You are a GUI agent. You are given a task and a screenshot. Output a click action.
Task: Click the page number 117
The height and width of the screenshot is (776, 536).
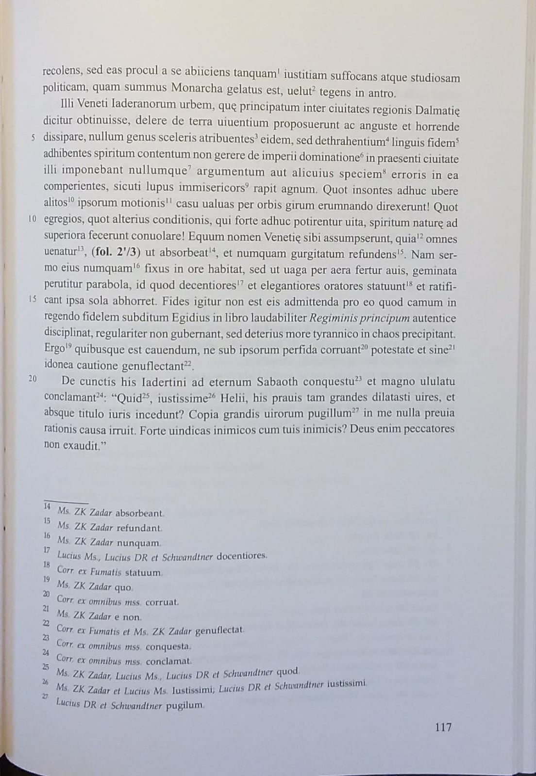click(x=443, y=727)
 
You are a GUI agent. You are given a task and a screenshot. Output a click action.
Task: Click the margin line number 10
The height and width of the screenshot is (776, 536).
click(x=32, y=219)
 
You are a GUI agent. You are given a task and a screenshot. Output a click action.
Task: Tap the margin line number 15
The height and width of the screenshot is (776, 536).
click(x=32, y=299)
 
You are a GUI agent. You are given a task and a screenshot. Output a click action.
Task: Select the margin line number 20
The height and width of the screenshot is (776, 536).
click(x=33, y=379)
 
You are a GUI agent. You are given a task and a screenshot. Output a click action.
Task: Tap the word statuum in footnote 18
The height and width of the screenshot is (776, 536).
click(x=143, y=572)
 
